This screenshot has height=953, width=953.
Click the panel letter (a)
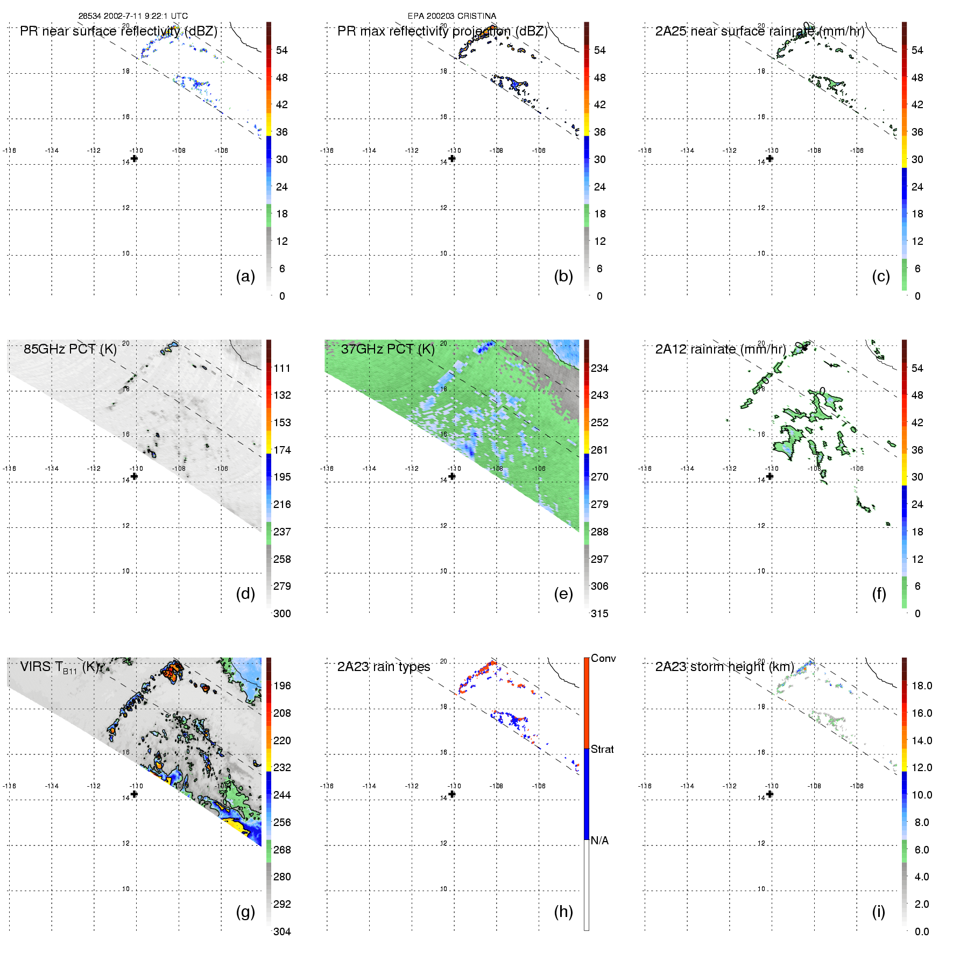(245, 277)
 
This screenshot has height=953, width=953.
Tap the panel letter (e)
(563, 594)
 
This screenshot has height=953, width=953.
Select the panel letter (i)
(878, 912)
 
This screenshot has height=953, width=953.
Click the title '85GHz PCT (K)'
(70, 349)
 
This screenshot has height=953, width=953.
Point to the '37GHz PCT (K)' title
(387, 349)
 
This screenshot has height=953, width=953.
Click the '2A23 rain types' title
(384, 667)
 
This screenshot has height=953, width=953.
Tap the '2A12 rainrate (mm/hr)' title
(721, 349)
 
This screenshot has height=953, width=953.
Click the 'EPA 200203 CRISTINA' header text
(452, 16)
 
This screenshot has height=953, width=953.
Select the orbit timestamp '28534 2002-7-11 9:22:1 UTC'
(133, 16)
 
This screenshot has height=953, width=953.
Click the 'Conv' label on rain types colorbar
(603, 659)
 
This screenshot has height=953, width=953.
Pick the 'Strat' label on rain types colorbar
(602, 750)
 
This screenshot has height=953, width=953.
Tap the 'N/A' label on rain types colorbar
(599, 841)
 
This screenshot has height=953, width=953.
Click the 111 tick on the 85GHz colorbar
(282, 369)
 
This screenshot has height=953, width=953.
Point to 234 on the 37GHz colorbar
(599, 369)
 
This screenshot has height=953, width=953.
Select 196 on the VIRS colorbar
(282, 686)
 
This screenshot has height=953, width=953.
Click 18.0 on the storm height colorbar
(922, 686)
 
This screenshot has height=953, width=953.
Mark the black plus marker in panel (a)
(134, 158)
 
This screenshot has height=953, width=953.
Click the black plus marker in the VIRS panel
(134, 794)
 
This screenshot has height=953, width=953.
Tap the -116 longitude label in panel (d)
(9, 469)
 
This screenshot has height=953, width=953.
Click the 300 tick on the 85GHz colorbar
(282, 614)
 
